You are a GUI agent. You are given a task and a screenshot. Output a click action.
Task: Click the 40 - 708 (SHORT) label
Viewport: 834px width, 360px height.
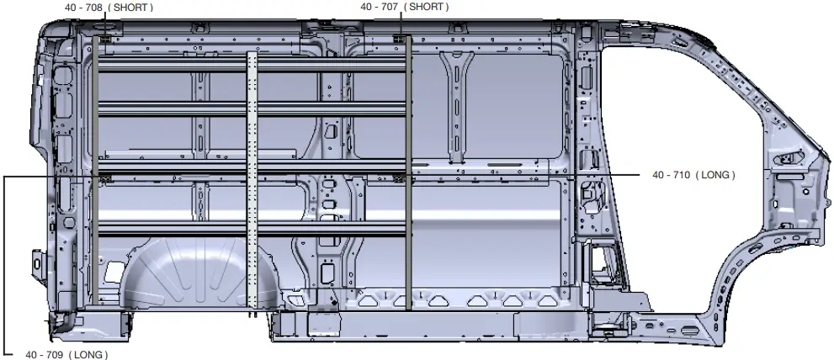pos(109,8)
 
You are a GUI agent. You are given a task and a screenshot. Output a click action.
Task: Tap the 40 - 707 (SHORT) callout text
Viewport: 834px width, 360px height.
pos(404,7)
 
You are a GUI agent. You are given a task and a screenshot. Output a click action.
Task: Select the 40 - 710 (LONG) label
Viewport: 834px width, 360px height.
pos(693,175)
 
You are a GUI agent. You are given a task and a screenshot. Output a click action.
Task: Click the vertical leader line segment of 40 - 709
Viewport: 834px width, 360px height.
pos(4,261)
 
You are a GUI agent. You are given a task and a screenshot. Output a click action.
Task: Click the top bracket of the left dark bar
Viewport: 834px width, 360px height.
pos(104,40)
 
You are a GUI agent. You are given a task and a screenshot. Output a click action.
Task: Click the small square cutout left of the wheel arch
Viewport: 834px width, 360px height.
pos(112,271)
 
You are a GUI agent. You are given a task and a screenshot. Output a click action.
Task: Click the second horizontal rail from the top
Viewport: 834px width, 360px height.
pos(252,109)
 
